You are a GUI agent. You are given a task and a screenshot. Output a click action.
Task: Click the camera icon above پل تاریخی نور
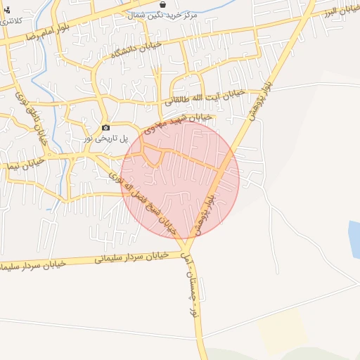pyautogui.click(x=105, y=128)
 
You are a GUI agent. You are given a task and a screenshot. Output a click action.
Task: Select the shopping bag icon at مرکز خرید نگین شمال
pyautogui.click(x=163, y=4)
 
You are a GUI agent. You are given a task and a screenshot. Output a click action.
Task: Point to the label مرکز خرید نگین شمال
pyautogui.click(x=183, y=14)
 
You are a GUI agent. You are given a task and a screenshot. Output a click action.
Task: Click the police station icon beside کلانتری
pyautogui.click(x=7, y=10)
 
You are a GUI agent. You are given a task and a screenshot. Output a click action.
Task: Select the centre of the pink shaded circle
pyautogui.click(x=180, y=180)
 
